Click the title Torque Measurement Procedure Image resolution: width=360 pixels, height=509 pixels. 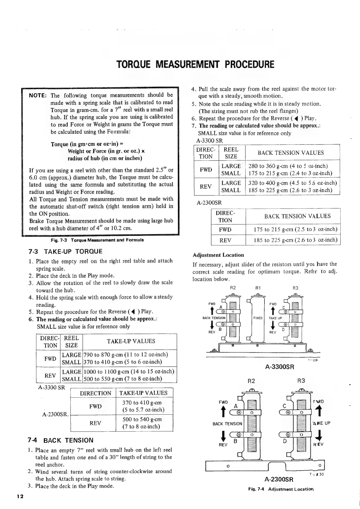click(x=195, y=64)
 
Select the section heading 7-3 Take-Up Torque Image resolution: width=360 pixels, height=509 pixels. click(x=65, y=252)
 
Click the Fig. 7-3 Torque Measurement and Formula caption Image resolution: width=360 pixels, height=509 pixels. click(x=97, y=240)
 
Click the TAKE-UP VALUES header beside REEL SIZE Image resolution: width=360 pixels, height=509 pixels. click(x=131, y=341)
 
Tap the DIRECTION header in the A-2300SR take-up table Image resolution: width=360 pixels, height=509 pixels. click(x=96, y=393)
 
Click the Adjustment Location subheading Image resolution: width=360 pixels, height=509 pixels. click(x=218, y=255)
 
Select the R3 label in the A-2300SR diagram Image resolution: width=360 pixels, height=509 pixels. click(x=301, y=381)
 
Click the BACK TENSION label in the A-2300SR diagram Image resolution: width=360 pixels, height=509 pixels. click(x=227, y=424)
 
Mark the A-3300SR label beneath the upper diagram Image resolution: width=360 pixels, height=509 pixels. click(x=279, y=367)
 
